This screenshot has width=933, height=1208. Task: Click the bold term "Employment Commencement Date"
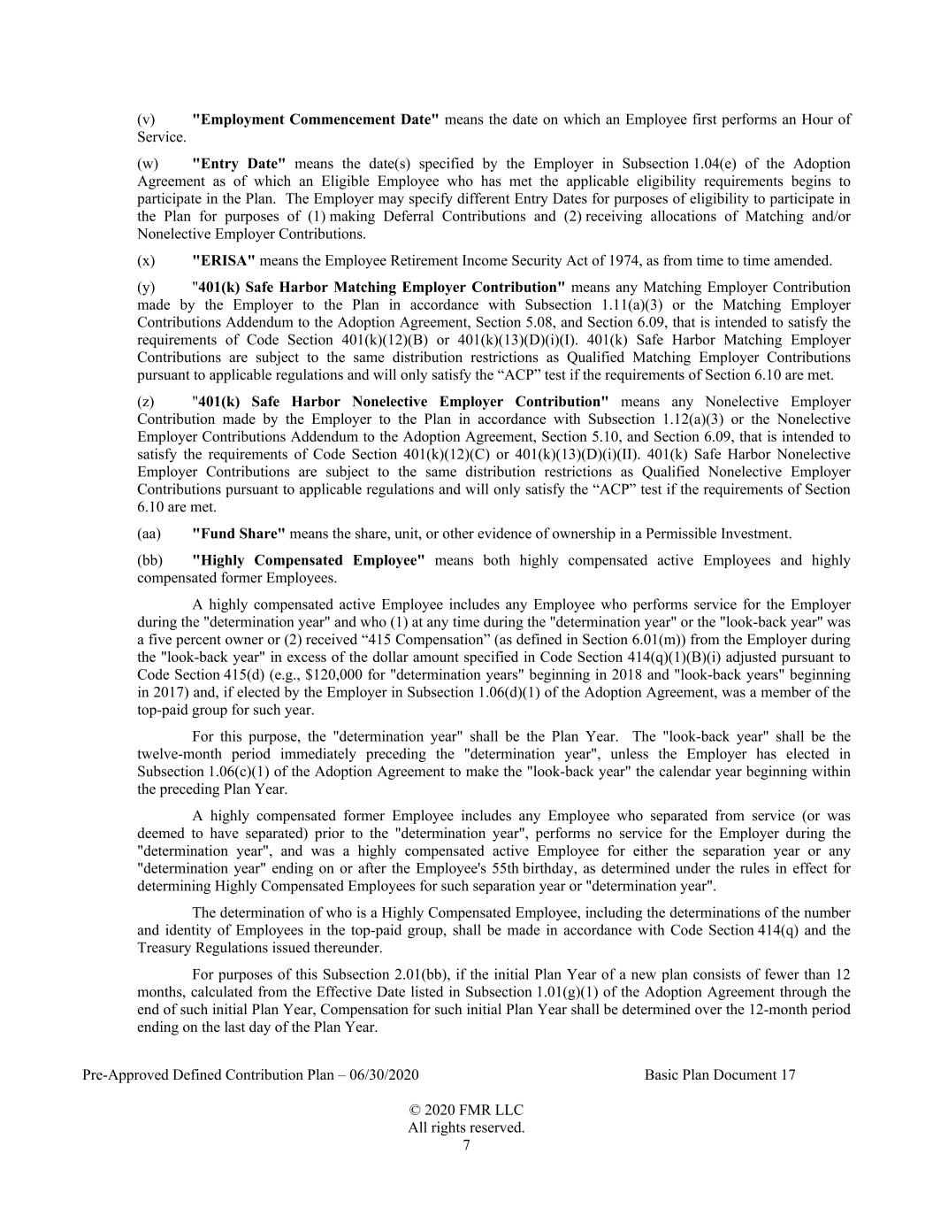tap(315, 119)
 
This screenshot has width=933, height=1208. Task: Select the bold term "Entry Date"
tap(239, 164)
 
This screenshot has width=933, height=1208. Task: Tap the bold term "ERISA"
tap(224, 261)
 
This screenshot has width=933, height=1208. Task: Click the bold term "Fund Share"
tap(239, 534)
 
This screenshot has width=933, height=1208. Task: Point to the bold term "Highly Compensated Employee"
tap(309, 560)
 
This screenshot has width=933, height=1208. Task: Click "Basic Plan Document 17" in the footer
tap(720, 1075)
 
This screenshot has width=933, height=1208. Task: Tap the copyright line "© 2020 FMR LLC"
tap(466, 1111)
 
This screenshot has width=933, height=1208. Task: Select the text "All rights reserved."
tap(466, 1128)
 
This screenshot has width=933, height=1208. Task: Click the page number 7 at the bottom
tap(466, 1146)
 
